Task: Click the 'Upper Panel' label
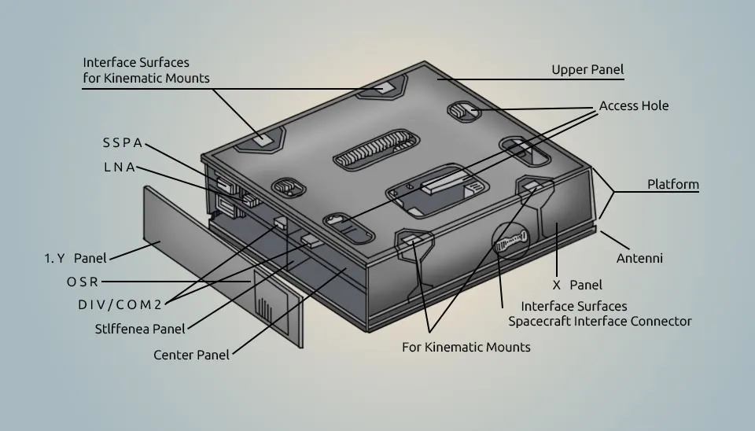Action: [x=587, y=70]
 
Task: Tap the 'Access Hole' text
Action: [x=633, y=105]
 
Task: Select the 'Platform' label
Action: [x=672, y=184]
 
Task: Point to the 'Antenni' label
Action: [x=639, y=258]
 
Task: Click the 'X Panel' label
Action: [x=576, y=285]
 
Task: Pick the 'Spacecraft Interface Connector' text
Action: [x=599, y=321]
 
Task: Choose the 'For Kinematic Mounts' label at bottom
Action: [x=466, y=347]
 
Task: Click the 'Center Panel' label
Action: [x=191, y=355]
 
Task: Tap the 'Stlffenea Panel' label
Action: [x=140, y=329]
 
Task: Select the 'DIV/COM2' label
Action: [x=120, y=304]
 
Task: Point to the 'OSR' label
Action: [x=83, y=282]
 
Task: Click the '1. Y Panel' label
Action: [x=75, y=258]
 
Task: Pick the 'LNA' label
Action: [x=119, y=168]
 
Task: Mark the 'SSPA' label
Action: [x=123, y=143]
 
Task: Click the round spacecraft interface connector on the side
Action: [x=509, y=245]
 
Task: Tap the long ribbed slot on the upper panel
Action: [x=374, y=149]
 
